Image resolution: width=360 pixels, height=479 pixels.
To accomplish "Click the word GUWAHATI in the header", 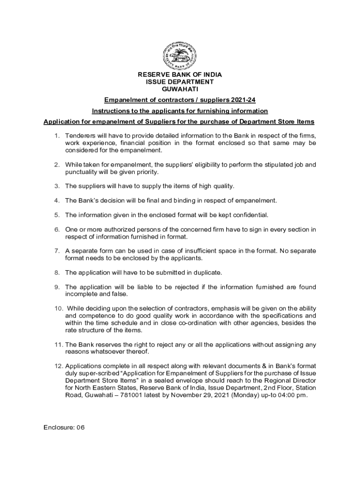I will click(x=180, y=88).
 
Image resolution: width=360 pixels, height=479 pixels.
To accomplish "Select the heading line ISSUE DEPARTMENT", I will click(x=180, y=81).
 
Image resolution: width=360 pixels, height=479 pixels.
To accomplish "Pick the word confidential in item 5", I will click(x=251, y=215).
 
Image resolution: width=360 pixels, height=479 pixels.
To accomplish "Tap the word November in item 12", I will click(x=178, y=395).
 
